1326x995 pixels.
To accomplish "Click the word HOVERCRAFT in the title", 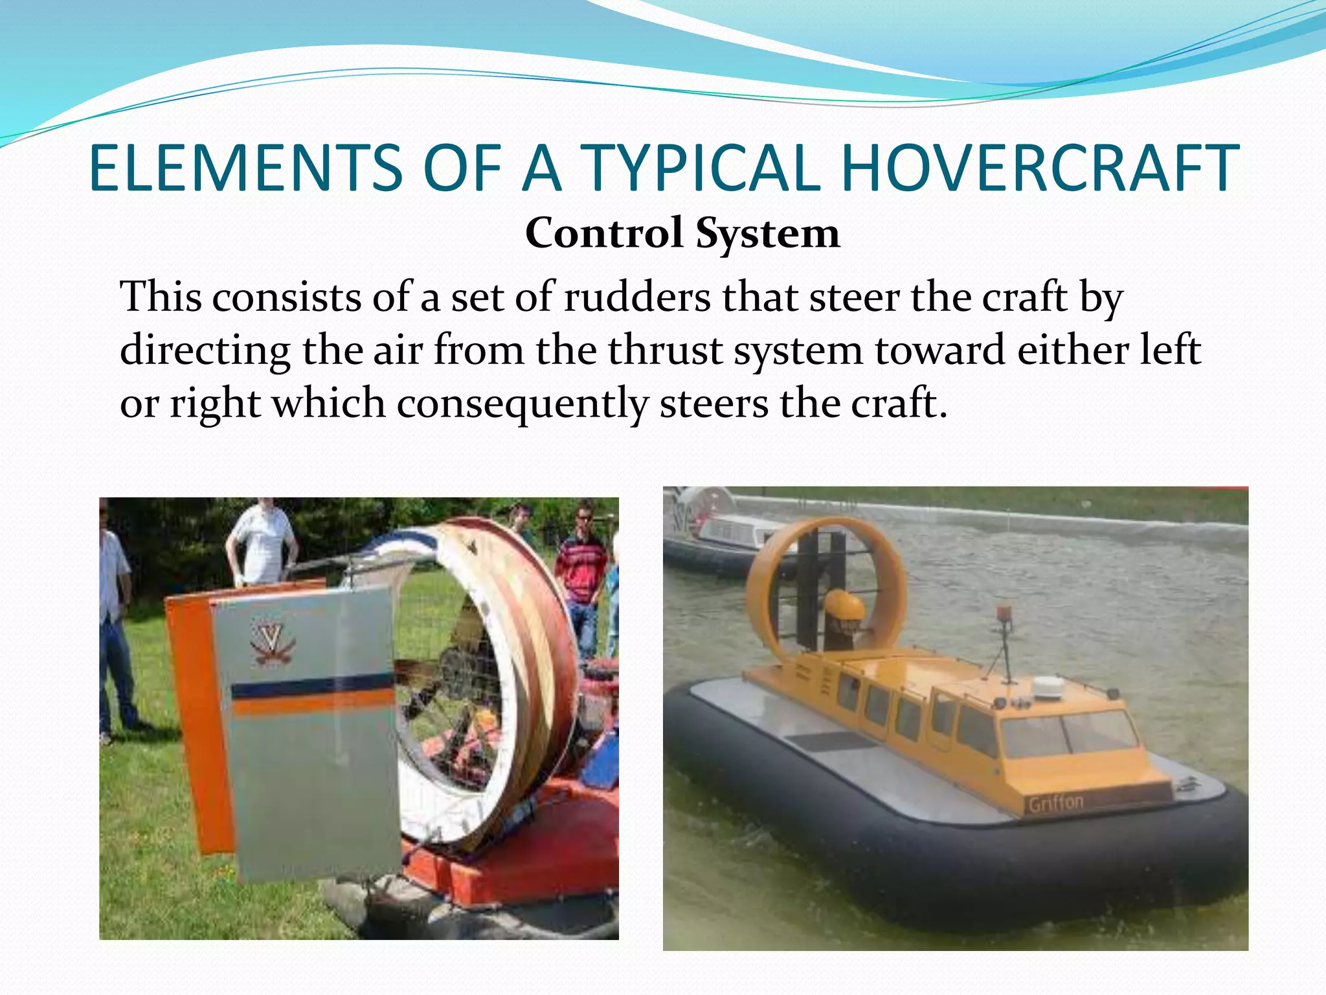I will click(x=1039, y=168).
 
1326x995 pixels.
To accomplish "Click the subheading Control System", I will click(x=682, y=233).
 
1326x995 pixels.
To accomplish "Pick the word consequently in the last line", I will click(x=522, y=404).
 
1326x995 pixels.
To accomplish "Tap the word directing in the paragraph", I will click(x=205, y=351).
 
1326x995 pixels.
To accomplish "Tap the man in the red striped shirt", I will click(x=582, y=570).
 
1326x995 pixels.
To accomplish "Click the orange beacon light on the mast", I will click(x=1004, y=613).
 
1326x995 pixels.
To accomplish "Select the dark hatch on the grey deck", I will click(x=829, y=742).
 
